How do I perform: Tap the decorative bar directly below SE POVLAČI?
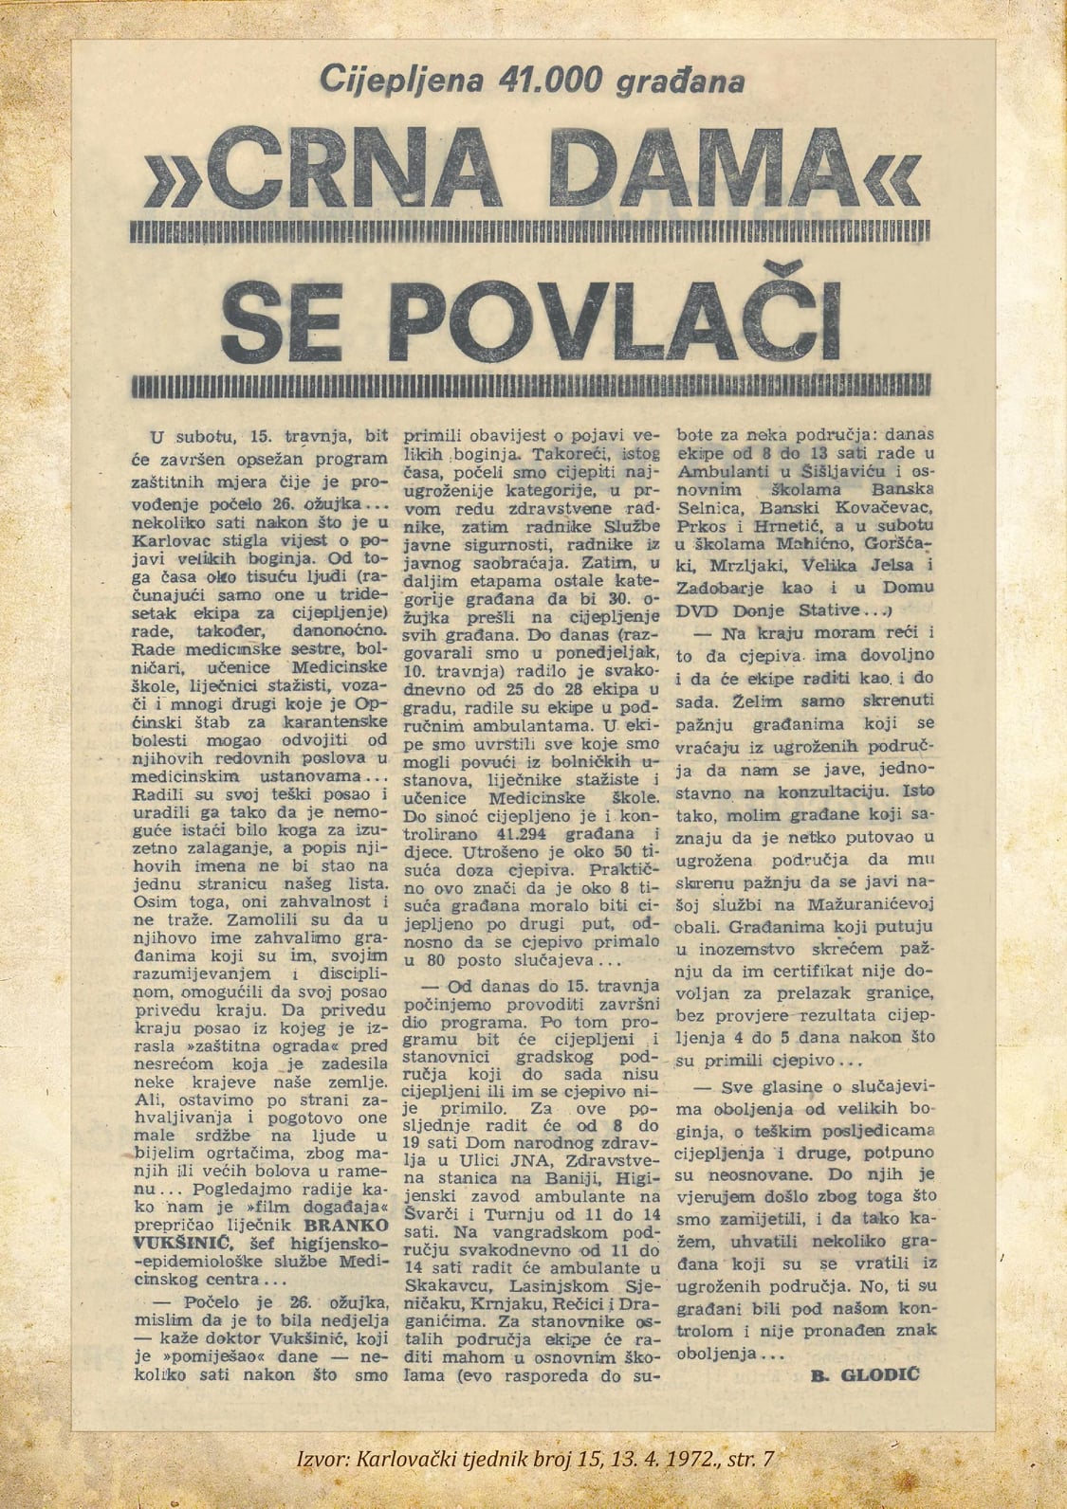pyautogui.click(x=532, y=387)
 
